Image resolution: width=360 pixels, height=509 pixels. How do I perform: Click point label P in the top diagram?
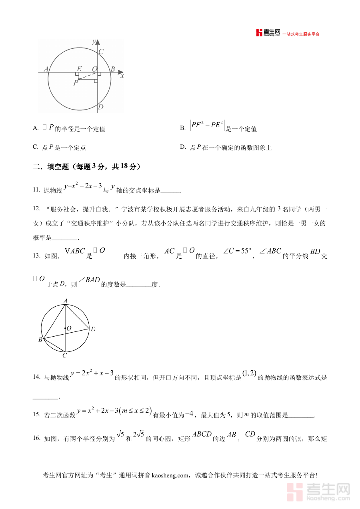[76, 83]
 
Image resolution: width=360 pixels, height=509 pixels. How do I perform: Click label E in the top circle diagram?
[79, 69]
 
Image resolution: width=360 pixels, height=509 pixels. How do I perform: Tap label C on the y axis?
[101, 52]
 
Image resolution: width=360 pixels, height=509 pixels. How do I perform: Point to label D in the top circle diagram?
[101, 107]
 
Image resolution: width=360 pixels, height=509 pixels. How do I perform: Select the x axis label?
[122, 76]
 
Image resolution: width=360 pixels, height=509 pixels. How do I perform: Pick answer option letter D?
[182, 147]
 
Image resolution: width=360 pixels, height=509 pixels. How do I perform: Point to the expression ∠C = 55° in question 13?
[237, 252]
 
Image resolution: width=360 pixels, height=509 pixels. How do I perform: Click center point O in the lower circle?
[65, 328]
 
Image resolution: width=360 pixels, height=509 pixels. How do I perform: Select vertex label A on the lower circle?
[65, 301]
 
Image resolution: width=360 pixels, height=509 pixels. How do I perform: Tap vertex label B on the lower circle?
[40, 340]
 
